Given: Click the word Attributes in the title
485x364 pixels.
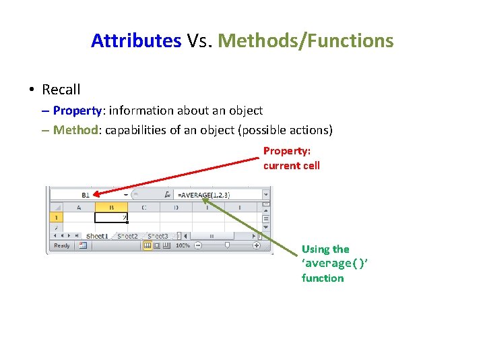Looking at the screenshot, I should pyautogui.click(x=136, y=40).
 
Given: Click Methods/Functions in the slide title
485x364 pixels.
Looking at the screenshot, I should pyautogui.click(x=306, y=40).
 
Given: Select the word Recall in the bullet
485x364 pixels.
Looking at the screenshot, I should pyautogui.click(x=61, y=89).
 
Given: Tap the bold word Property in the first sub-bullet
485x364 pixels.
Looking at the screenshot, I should pyautogui.click(x=77, y=110).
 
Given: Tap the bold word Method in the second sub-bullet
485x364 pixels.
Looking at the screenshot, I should pyautogui.click(x=75, y=129).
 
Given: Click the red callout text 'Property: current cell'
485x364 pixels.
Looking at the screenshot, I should pyautogui.click(x=291, y=158).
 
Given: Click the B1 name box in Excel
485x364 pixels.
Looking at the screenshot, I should pyautogui.click(x=86, y=195).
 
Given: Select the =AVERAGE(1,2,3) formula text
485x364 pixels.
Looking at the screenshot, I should pyautogui.click(x=203, y=195).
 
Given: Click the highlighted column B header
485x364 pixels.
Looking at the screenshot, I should pyautogui.click(x=110, y=208).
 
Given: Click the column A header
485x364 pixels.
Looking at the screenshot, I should pyautogui.click(x=79, y=208).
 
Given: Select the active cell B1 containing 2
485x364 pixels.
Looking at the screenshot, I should pyautogui.click(x=111, y=218).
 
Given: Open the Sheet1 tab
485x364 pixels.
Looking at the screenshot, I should pyautogui.click(x=96, y=236).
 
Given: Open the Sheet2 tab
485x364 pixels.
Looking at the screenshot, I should pyautogui.click(x=127, y=236).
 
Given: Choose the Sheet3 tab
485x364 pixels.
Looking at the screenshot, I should pyautogui.click(x=158, y=236).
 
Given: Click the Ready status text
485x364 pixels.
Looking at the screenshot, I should pyautogui.click(x=62, y=246).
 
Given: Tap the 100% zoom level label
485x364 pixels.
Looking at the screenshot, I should pyautogui.click(x=183, y=246).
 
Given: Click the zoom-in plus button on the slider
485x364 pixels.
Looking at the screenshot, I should pyautogui.click(x=257, y=246).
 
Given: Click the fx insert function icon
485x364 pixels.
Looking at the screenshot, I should pyautogui.click(x=167, y=195).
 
